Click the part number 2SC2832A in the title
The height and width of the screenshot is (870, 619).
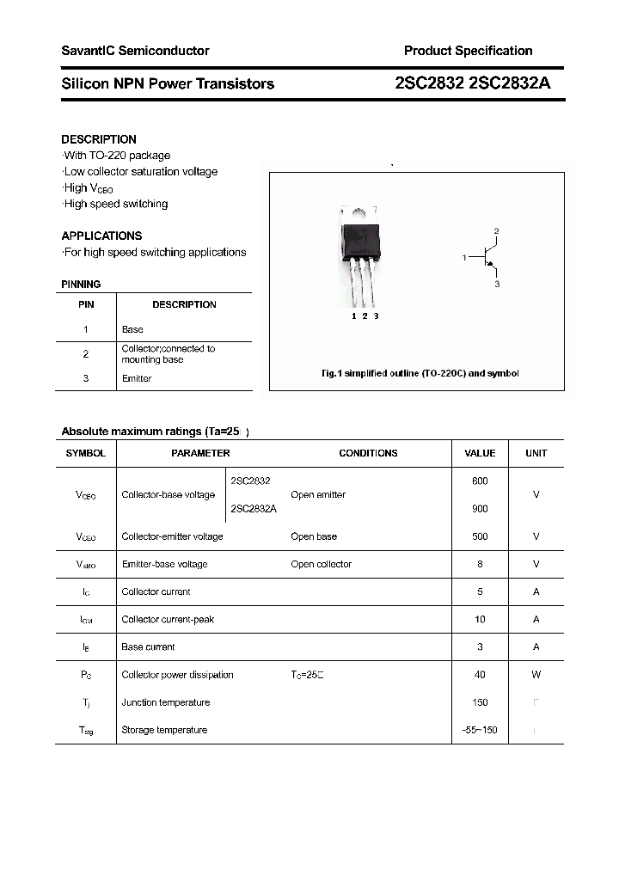point(518,83)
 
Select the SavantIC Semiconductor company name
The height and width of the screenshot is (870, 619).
point(135,51)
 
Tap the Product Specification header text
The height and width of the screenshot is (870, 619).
point(468,51)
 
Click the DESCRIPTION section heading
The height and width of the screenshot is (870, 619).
point(99,139)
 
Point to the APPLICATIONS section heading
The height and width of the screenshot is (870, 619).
point(101,236)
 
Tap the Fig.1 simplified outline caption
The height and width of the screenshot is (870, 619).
point(420,374)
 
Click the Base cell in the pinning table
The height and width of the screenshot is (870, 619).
point(132,329)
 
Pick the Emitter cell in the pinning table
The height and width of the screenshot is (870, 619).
point(137,378)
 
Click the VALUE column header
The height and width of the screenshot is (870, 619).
point(480,453)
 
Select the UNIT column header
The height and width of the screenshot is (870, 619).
point(536,453)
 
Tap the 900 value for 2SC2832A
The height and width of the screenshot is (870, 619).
point(480,509)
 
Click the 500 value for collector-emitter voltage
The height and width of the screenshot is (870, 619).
point(480,536)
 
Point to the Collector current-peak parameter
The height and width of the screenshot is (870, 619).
point(168,619)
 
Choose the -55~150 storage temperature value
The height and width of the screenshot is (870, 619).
point(480,730)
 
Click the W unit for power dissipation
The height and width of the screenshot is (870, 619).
point(536,675)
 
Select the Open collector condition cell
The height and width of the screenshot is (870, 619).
point(321,564)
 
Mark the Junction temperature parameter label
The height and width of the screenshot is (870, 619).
point(166,702)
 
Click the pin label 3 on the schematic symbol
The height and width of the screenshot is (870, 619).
point(497,284)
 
